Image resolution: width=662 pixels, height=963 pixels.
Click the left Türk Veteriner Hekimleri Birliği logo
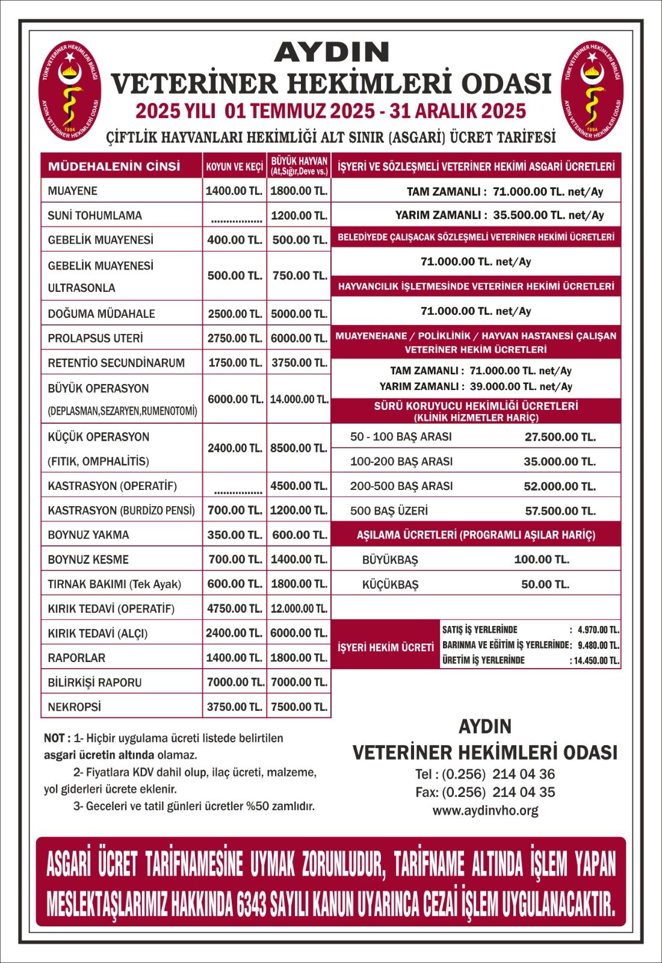point(70,91)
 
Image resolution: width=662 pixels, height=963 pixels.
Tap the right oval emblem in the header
point(592,91)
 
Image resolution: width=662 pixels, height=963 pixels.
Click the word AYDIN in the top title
point(332,52)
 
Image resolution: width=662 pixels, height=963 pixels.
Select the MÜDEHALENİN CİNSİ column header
point(114,166)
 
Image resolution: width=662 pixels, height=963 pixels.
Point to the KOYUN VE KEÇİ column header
point(234,167)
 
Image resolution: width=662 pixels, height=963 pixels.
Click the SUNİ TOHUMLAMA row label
point(94,215)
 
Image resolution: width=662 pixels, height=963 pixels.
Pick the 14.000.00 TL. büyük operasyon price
point(299,399)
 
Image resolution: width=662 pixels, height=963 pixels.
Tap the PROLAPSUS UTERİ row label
point(95,338)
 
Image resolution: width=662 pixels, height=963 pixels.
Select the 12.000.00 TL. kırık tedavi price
point(299,608)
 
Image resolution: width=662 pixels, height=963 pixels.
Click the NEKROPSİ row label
point(75,707)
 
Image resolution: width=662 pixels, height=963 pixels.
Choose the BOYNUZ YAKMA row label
point(88,534)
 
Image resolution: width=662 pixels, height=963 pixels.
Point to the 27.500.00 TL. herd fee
point(560,437)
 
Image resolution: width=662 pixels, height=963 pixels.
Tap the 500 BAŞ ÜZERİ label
point(389,511)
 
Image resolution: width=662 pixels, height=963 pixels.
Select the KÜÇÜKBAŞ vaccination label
point(390,584)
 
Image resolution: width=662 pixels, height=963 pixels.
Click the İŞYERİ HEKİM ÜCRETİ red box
point(385,647)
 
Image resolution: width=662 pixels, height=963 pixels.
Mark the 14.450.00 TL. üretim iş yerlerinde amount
point(596,660)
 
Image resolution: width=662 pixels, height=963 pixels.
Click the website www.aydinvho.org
point(485,811)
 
